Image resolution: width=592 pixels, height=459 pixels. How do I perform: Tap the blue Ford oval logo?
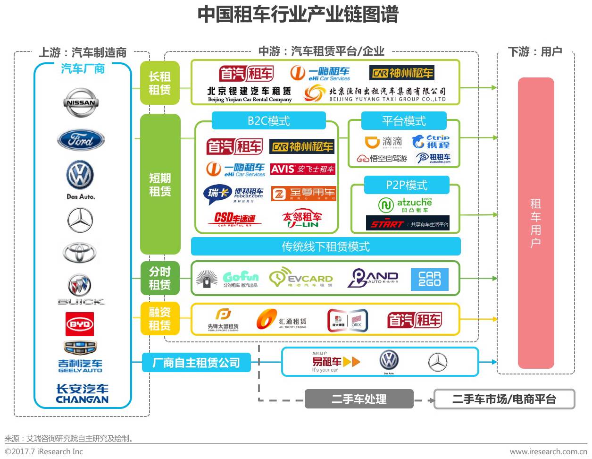pyautogui.click(x=81, y=140)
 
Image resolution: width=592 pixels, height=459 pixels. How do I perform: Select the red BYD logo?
pyautogui.click(x=80, y=324)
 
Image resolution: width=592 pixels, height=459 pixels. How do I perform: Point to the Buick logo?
pyautogui.click(x=80, y=289)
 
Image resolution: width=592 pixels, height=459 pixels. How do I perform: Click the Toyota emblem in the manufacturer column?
pyautogui.click(x=80, y=253)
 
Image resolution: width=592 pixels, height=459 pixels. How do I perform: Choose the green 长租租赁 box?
pyautogui.click(x=160, y=83)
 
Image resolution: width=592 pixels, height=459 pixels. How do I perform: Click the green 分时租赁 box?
pyautogui.click(x=160, y=278)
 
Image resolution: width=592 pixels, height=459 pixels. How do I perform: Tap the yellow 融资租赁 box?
pyautogui.click(x=160, y=319)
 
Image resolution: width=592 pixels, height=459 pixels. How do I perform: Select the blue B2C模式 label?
pyautogui.click(x=268, y=121)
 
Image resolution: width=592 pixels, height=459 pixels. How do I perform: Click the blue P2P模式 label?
pyautogui.click(x=407, y=185)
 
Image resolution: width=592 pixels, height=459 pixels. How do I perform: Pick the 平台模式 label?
pyautogui.click(x=404, y=121)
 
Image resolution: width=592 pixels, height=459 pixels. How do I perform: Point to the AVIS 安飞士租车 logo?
pyautogui.click(x=303, y=169)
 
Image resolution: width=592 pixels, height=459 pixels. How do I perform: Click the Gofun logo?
pyautogui.click(x=241, y=279)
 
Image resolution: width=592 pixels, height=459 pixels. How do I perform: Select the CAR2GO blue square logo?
pyautogui.click(x=429, y=279)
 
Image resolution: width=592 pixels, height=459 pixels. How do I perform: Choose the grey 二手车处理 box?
pyautogui.click(x=359, y=399)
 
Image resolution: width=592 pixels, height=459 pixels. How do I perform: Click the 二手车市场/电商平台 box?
pyautogui.click(x=504, y=399)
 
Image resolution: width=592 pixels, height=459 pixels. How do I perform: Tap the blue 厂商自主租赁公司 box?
pyautogui.click(x=196, y=363)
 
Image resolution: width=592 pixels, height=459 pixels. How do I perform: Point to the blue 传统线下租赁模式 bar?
pyautogui.click(x=325, y=246)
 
